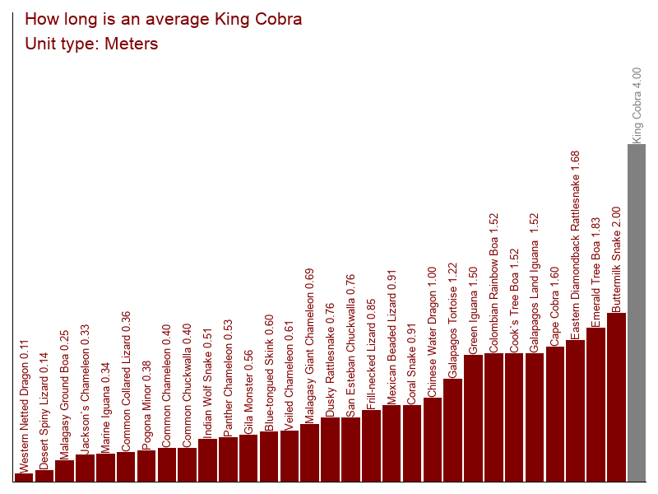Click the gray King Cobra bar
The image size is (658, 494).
tap(637, 313)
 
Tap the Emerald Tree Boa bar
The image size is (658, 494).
tap(596, 404)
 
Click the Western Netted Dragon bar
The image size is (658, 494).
tap(24, 477)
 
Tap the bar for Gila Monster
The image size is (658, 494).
tap(248, 458)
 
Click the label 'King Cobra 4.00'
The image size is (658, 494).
tap(637, 105)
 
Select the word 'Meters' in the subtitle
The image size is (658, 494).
tap(131, 44)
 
